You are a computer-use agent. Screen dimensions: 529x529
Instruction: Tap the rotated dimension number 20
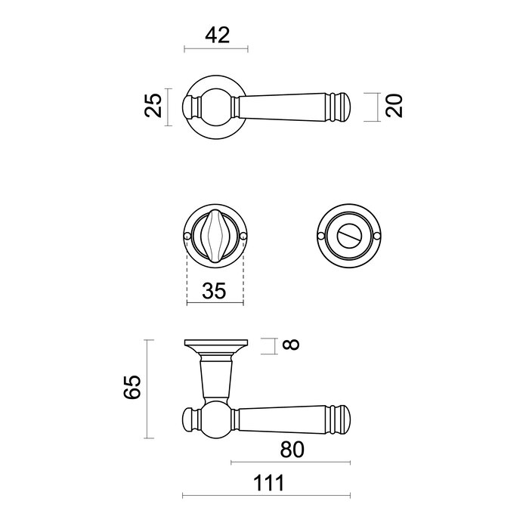click(393, 107)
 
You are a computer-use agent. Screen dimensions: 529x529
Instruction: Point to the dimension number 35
click(215, 292)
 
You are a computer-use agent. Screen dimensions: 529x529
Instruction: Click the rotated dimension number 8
click(291, 346)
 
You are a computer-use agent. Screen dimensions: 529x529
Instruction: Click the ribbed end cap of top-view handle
click(342, 107)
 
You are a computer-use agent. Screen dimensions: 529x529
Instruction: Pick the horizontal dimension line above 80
click(290, 462)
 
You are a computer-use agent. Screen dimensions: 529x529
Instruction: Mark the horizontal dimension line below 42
click(215, 51)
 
